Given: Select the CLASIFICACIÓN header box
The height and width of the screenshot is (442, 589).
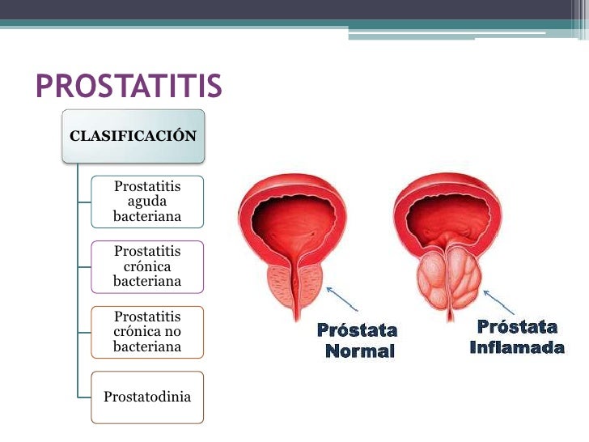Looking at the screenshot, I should coord(133,136).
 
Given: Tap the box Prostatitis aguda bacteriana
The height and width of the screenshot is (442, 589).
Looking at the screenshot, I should coord(147,202).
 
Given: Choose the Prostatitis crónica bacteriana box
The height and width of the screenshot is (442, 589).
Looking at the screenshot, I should coord(147,266).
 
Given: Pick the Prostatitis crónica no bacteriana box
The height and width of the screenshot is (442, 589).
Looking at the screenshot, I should coord(147,332).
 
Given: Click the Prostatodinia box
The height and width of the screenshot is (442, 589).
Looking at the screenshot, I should coord(147,397).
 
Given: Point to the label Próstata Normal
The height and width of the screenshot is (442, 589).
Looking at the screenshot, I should coord(358,341).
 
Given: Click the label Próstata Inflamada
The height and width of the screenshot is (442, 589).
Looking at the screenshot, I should coord(517,338).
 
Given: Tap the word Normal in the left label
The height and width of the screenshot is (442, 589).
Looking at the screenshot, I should coord(359,352).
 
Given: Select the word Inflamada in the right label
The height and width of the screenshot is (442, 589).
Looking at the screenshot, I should coord(517,348).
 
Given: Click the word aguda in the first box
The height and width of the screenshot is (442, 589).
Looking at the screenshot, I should coord(147,202).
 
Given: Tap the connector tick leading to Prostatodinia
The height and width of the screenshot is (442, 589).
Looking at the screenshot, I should coord(84,397).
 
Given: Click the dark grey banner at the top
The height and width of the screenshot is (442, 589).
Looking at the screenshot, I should coord(294,9).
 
